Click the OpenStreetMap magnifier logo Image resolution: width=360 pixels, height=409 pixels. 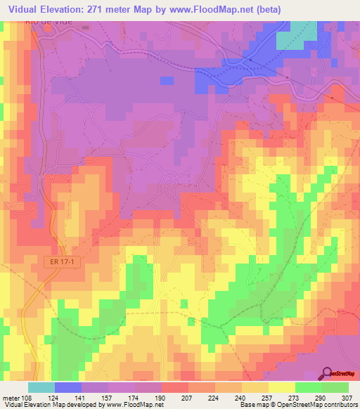point(328,373)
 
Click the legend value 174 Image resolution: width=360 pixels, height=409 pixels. point(136,398)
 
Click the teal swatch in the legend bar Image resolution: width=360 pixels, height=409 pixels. point(41,387)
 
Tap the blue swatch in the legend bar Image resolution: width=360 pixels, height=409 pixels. point(68,387)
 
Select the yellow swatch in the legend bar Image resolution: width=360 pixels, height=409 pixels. point(281,387)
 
